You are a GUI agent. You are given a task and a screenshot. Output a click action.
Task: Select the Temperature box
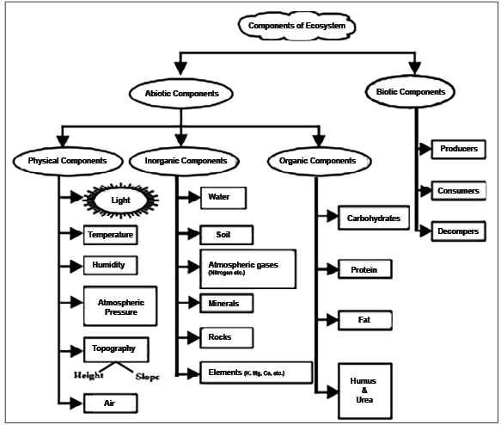point(111,233)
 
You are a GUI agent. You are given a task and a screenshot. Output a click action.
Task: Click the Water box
point(223,197)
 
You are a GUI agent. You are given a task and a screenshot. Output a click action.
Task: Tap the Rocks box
point(221,336)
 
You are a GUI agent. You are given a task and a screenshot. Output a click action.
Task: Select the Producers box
point(457,149)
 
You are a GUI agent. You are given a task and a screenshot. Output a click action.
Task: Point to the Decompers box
point(458,230)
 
